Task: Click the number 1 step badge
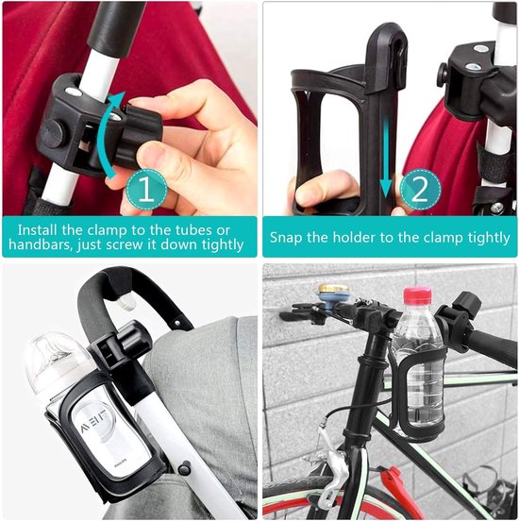pos(146,190)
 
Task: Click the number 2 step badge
pos(420,190)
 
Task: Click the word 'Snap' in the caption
pos(285,238)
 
